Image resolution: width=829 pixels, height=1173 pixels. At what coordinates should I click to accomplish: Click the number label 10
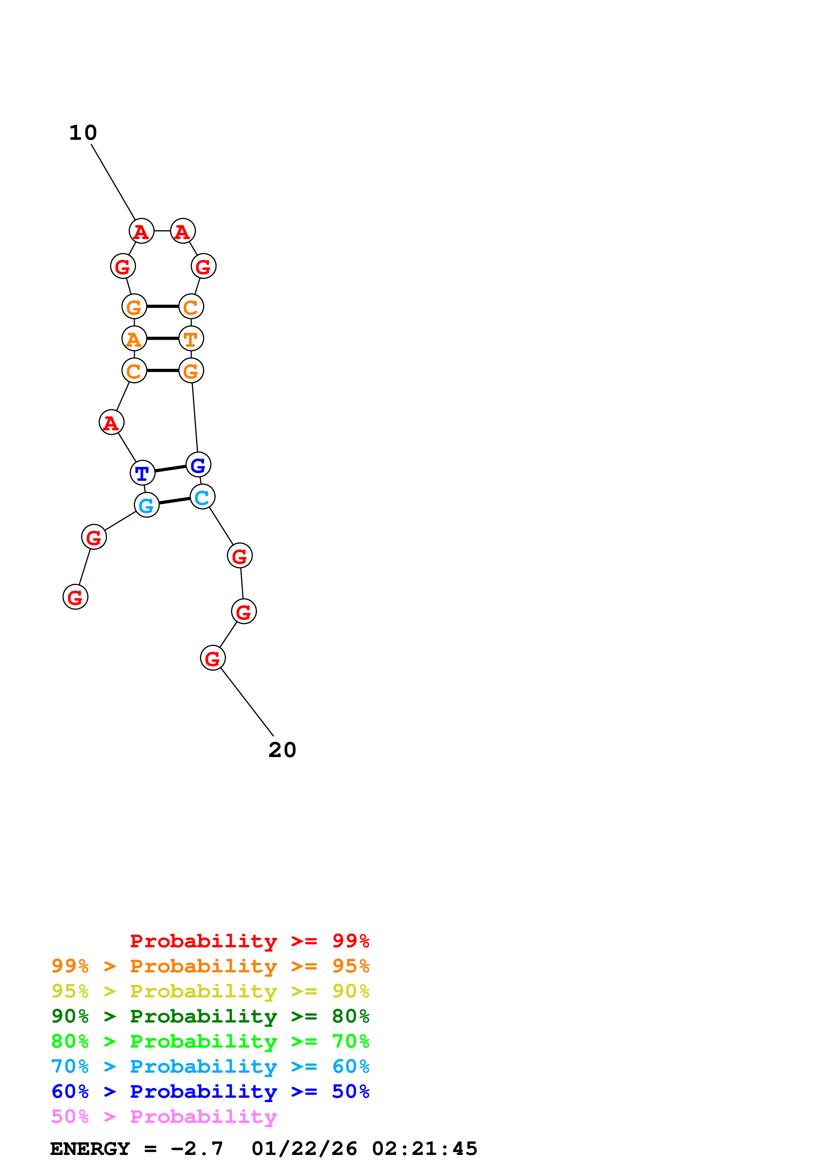pyautogui.click(x=83, y=133)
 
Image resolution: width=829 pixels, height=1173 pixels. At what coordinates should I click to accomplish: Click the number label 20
pyautogui.click(x=282, y=750)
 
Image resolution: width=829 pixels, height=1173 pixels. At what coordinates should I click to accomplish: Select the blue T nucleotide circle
pyautogui.click(x=142, y=472)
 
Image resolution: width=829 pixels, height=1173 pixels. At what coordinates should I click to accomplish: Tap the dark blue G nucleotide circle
pyautogui.click(x=198, y=465)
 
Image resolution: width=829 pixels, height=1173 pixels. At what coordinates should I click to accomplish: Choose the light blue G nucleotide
pyautogui.click(x=146, y=505)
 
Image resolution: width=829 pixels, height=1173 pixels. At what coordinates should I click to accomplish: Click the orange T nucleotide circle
pyautogui.click(x=191, y=338)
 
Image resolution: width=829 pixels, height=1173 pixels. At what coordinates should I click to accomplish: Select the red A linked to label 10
pyautogui.click(x=141, y=231)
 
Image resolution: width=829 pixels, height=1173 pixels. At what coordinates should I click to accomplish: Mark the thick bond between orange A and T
pyautogui.click(x=163, y=338)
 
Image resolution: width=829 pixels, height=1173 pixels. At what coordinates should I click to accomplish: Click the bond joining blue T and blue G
pyautogui.click(x=170, y=468)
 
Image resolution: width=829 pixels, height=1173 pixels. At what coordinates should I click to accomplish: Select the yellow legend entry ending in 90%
pyautogui.click(x=210, y=991)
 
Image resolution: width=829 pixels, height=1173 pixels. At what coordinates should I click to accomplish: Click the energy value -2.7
pyautogui.click(x=197, y=1149)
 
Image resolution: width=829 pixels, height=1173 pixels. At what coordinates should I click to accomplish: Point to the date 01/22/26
pyautogui.click(x=304, y=1149)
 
